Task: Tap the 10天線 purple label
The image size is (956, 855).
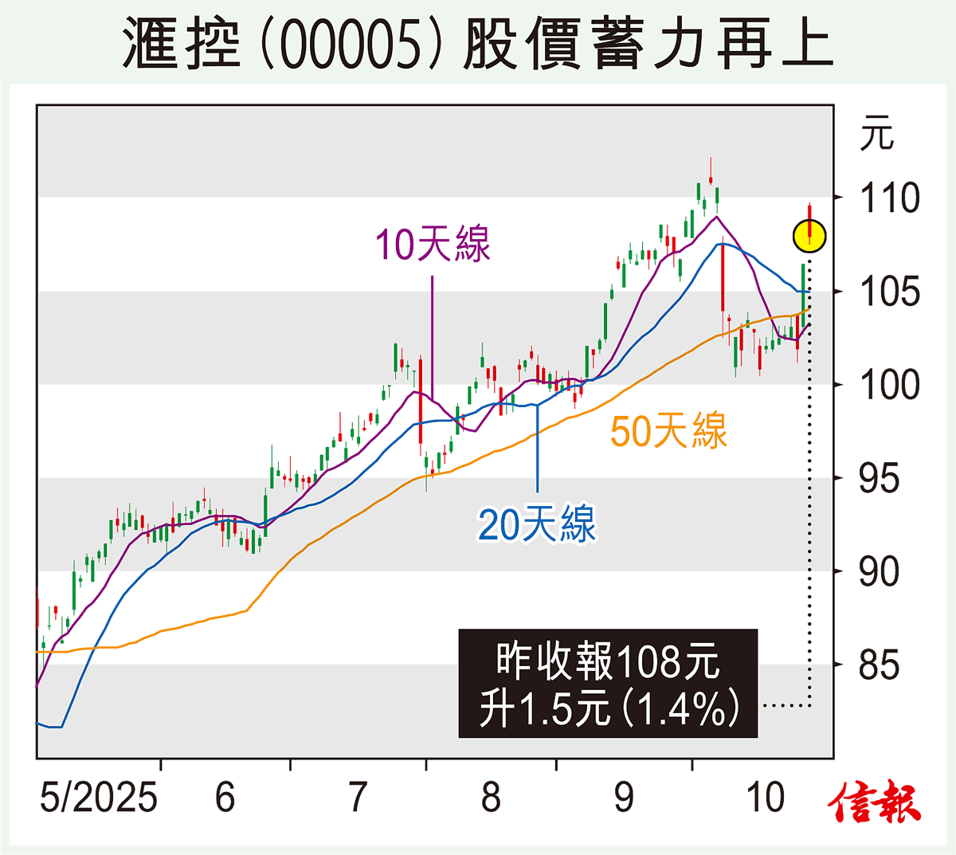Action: (x=433, y=244)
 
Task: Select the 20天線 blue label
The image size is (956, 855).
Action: (x=536, y=524)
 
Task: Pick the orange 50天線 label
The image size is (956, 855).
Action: (x=668, y=431)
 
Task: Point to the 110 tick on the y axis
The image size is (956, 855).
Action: (x=889, y=198)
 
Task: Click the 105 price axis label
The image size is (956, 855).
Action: (x=889, y=292)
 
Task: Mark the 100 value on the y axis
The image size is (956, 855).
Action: (x=889, y=386)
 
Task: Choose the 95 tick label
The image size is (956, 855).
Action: (x=879, y=479)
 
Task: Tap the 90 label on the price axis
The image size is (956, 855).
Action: (x=879, y=572)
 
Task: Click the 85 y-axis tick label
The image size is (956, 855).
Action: (x=879, y=665)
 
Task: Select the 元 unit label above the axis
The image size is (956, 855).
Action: (x=876, y=134)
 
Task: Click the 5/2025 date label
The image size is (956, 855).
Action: (x=99, y=797)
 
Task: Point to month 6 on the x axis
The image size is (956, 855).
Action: (x=225, y=797)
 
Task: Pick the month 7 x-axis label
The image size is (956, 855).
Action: (x=358, y=797)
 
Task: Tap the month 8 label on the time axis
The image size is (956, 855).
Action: (x=491, y=797)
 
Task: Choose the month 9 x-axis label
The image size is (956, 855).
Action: (x=624, y=797)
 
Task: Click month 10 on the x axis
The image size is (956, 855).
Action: (x=766, y=797)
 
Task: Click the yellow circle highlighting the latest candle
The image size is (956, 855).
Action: (x=809, y=236)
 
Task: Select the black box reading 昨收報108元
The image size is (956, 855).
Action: (x=608, y=684)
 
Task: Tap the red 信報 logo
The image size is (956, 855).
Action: (x=874, y=802)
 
